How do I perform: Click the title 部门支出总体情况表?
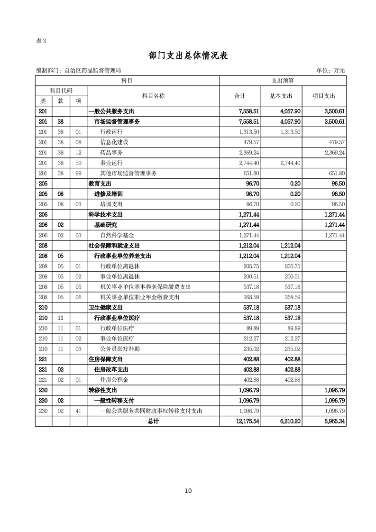pos(188,55)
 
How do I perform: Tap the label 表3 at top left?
pos(41,40)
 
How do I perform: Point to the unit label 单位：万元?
pos(330,70)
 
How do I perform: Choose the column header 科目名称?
pos(153,96)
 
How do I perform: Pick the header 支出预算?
pos(283,81)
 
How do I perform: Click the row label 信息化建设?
pos(114,142)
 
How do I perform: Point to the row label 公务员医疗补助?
pos(120,349)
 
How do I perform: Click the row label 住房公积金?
pos(114,379)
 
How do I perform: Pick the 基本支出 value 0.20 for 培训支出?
pos(295,204)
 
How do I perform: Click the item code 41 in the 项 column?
pos(79,411)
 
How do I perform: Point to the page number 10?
pos(188,491)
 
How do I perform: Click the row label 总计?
pos(153,421)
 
